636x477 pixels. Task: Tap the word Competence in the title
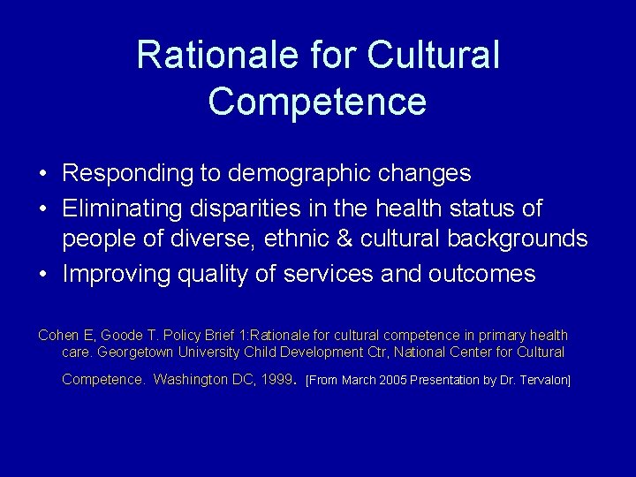(x=317, y=101)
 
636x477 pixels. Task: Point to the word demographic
(x=301, y=173)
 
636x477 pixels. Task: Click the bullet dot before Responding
(x=43, y=174)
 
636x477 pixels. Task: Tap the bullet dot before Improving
(x=43, y=275)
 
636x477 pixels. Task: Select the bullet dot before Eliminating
(x=43, y=210)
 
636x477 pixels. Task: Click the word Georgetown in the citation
(x=137, y=352)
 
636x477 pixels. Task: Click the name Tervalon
(x=542, y=381)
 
